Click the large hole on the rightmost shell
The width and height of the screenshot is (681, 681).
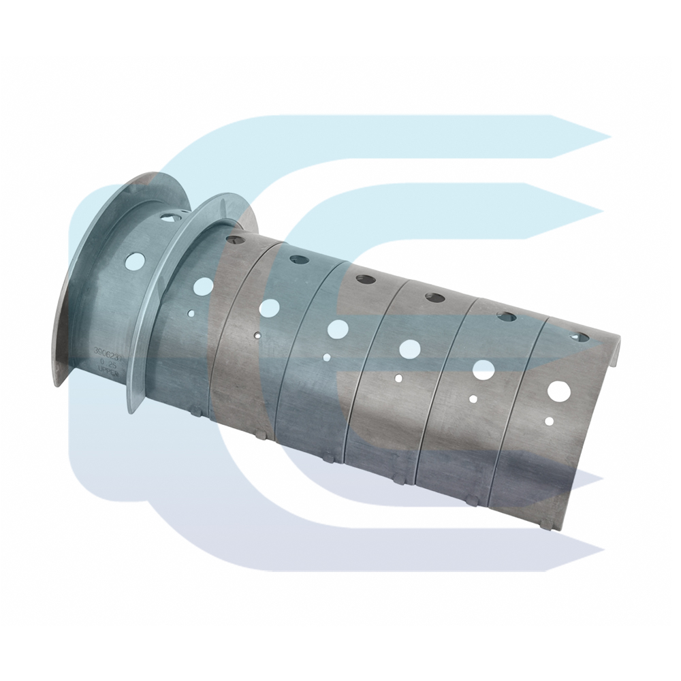[x=559, y=390]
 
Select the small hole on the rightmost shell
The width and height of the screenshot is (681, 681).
[x=549, y=421]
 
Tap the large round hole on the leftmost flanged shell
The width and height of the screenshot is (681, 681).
[x=135, y=260]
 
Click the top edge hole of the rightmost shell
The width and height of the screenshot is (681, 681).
[x=579, y=336]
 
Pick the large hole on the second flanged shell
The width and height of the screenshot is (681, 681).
[x=203, y=286]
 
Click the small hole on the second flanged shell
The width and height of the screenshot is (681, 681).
[x=192, y=314]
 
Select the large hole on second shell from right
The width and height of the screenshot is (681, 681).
[x=484, y=370]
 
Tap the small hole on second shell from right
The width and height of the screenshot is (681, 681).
[x=473, y=398]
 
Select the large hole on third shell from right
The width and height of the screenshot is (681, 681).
[x=409, y=349]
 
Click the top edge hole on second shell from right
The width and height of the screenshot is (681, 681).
[x=506, y=316]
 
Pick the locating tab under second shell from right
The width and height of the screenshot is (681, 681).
[x=473, y=503]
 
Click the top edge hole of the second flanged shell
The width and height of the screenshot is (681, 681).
[x=235, y=240]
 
